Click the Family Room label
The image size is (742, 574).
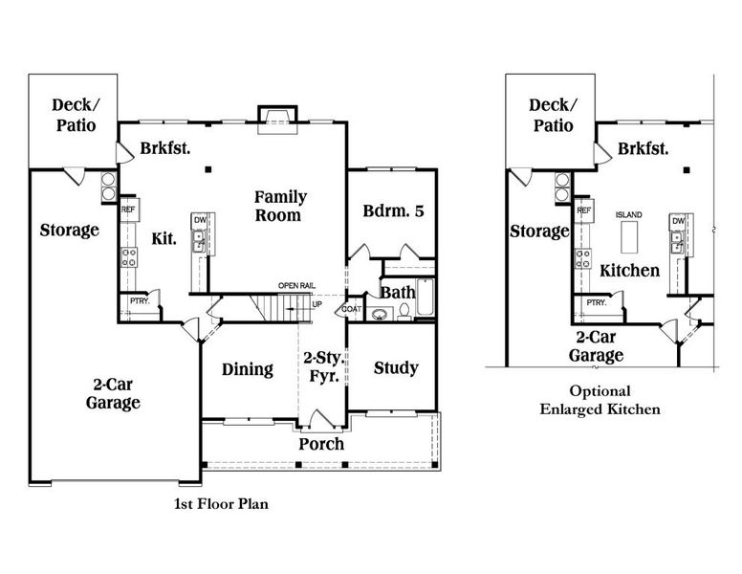pyautogui.click(x=280, y=206)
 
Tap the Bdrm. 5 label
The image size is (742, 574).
pyautogui.click(x=393, y=211)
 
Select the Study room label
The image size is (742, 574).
pyautogui.click(x=395, y=367)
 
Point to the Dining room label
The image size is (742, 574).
pyautogui.click(x=248, y=369)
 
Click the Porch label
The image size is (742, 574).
pyautogui.click(x=320, y=444)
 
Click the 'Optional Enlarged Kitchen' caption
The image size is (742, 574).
pyautogui.click(x=600, y=400)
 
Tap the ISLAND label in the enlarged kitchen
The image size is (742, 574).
pyautogui.click(x=628, y=214)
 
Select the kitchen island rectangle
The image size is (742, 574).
pyautogui.click(x=629, y=234)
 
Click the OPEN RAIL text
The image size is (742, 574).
pyautogui.click(x=296, y=285)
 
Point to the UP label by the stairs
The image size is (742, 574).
pyautogui.click(x=317, y=304)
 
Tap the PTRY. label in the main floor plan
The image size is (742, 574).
pyautogui.click(x=139, y=302)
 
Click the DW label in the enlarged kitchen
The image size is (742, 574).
pyautogui.click(x=677, y=221)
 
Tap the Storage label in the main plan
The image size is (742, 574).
pyautogui.click(x=69, y=230)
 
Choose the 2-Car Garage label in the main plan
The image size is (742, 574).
pyautogui.click(x=113, y=392)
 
